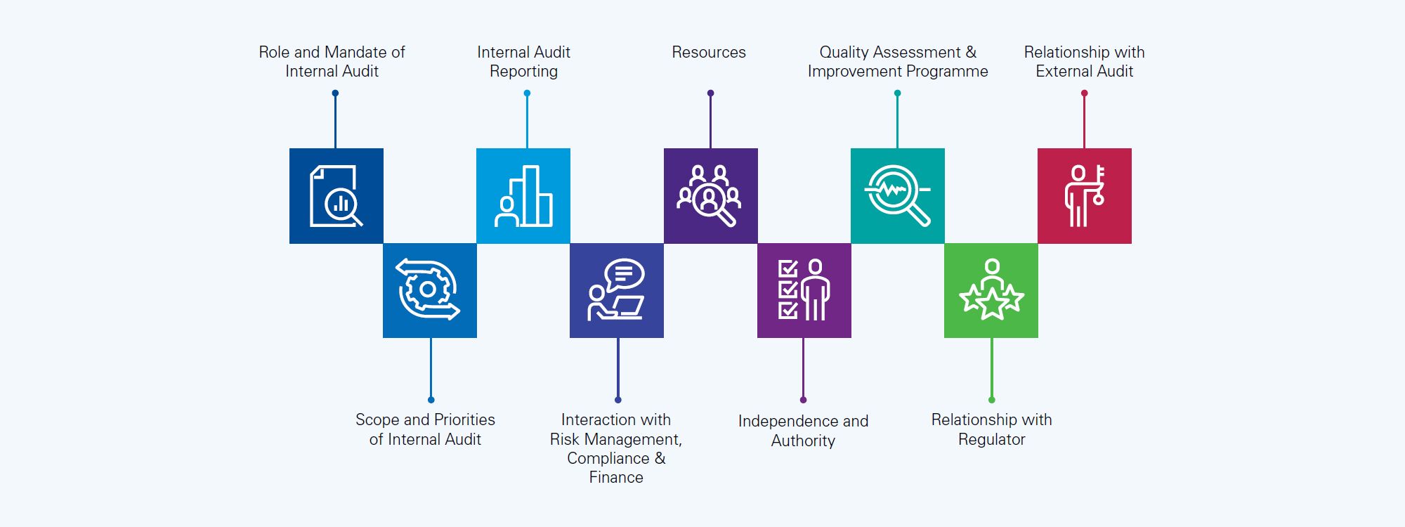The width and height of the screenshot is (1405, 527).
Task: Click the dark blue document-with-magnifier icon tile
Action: [336, 196]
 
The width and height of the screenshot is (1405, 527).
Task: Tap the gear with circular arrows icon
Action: [429, 290]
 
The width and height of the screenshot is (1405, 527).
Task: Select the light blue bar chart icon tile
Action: [523, 196]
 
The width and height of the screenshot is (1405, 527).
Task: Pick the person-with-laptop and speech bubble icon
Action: [617, 290]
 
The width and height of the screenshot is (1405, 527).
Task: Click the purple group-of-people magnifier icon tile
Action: [710, 196]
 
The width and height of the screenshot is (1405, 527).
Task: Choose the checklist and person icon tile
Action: [804, 290]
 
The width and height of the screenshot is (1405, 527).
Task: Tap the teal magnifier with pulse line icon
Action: [897, 196]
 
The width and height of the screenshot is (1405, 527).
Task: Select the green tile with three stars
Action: [991, 290]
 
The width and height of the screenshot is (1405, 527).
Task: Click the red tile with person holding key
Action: [1084, 196]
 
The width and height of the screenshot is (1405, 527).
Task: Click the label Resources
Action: [708, 53]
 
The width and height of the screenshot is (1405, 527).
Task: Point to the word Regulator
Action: [991, 440]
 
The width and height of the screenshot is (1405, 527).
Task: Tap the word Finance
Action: [616, 478]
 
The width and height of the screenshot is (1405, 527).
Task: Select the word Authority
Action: [803, 441]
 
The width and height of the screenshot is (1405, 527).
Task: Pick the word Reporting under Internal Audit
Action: [523, 72]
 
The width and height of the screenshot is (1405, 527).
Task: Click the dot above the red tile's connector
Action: [1084, 93]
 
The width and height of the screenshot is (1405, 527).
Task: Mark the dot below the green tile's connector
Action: [991, 400]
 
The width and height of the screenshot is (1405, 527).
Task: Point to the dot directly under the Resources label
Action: [710, 93]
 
